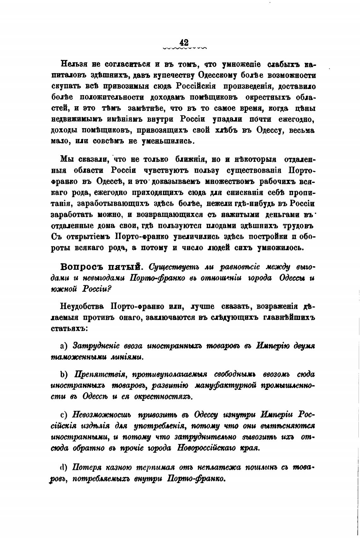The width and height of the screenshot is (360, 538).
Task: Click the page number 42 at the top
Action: click(x=184, y=43)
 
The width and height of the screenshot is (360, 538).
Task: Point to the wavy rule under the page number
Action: click(x=185, y=49)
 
